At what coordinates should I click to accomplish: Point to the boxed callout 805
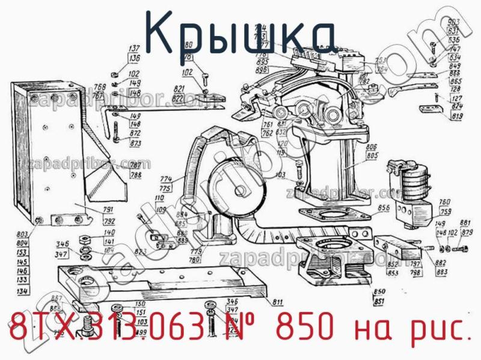click(x=372, y=156)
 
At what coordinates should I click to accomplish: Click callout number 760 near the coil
click(x=445, y=202)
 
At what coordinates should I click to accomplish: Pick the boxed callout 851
click(x=379, y=301)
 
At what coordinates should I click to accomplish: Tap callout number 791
click(x=92, y=209)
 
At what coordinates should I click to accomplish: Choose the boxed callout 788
click(x=136, y=175)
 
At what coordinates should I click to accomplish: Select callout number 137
click(x=134, y=49)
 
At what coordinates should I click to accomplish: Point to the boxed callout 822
click(x=194, y=97)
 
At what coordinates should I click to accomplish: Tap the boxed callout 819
click(x=457, y=116)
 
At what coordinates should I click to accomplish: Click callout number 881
click(x=465, y=223)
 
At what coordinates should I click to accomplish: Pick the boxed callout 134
click(x=23, y=291)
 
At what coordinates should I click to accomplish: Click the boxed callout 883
click(x=441, y=272)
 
